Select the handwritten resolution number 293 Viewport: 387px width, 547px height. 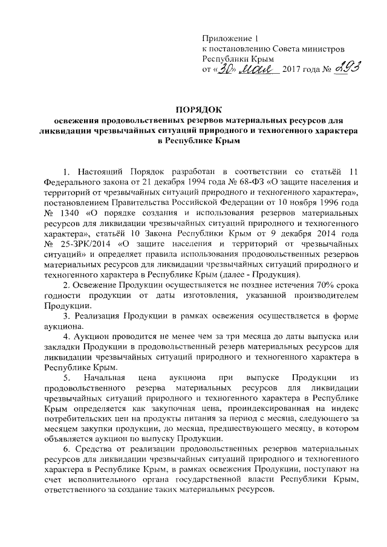(x=343, y=71)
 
